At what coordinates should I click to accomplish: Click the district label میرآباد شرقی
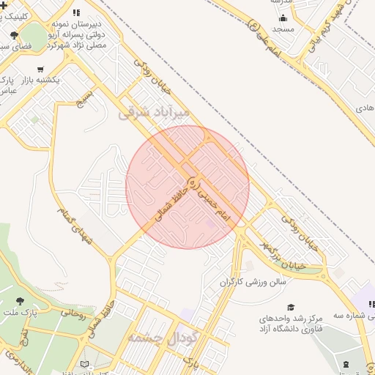click(x=153, y=112)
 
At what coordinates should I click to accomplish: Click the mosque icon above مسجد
click(x=283, y=18)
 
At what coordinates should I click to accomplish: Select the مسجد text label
click(x=283, y=29)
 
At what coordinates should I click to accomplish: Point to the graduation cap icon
click(x=291, y=308)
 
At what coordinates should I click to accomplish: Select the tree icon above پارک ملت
click(x=19, y=301)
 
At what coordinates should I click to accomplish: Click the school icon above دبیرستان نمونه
click(x=76, y=12)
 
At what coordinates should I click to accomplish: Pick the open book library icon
click(x=86, y=364)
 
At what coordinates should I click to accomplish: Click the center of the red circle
click(x=187, y=187)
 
